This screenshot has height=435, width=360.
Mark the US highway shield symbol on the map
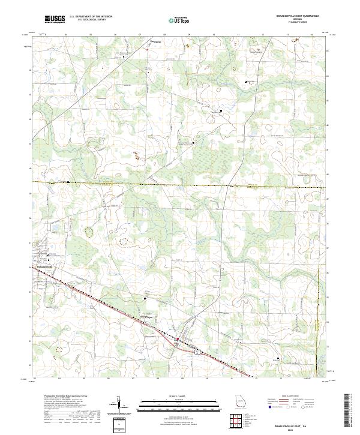(x=178, y=340)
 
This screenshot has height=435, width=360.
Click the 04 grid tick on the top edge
(x=65, y=35)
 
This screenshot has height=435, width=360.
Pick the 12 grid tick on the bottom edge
(x=257, y=379)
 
